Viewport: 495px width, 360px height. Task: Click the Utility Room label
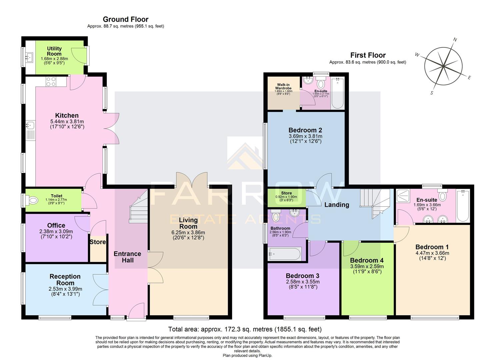coord(54,51)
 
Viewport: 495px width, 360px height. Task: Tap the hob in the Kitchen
coord(51,82)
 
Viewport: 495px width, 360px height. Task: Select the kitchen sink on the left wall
coord(30,125)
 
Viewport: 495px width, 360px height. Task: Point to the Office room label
coord(56,226)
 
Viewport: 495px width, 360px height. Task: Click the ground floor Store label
coord(98,242)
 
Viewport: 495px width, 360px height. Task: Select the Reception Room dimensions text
coord(65,291)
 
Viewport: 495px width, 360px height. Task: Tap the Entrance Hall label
coord(127,257)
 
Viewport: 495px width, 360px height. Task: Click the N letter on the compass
coord(455,40)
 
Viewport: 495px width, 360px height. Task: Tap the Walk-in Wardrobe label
coord(283,86)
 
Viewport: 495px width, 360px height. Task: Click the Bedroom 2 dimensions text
coord(305,139)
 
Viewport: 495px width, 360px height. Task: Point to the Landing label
coord(337,205)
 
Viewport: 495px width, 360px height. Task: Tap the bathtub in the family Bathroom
coord(285,254)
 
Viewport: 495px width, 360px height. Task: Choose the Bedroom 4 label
coord(367,260)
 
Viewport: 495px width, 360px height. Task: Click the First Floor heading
coord(368,55)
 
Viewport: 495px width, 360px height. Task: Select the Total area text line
coord(245,329)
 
